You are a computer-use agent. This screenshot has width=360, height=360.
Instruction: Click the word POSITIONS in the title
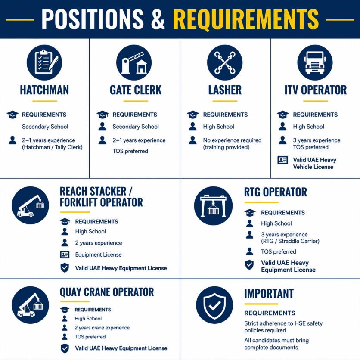pyautogui.click(x=93, y=19)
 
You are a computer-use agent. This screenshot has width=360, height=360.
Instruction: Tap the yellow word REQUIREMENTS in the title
pyautogui.click(x=245, y=19)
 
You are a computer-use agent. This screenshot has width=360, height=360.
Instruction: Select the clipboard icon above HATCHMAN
pyautogui.click(x=44, y=62)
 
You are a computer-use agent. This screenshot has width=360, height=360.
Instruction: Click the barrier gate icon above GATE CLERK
pyautogui.click(x=134, y=62)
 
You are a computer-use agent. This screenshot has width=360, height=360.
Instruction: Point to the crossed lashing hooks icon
pyautogui.click(x=225, y=62)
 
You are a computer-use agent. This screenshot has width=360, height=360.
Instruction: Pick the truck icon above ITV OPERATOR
pyautogui.click(x=315, y=62)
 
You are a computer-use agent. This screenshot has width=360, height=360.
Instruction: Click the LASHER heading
pyautogui.click(x=225, y=90)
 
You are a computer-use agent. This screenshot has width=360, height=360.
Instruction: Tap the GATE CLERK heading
pyautogui.click(x=136, y=90)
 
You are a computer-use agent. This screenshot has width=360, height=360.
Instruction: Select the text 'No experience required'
pyautogui.click(x=232, y=140)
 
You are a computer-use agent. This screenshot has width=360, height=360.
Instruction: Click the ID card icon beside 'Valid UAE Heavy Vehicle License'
pyautogui.click(x=282, y=160)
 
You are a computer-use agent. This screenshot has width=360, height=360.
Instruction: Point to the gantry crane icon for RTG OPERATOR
pyautogui.click(x=213, y=205)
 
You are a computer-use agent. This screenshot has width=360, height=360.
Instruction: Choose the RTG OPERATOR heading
pyautogui.click(x=275, y=192)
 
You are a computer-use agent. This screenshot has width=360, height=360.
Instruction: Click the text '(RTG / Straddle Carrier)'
pyautogui.click(x=290, y=241)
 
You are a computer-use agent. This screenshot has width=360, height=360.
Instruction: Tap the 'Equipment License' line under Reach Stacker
pyautogui.click(x=98, y=254)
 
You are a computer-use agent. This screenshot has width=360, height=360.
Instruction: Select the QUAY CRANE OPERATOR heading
pyautogui.click(x=107, y=292)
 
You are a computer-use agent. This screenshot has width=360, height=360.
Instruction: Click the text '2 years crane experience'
pyautogui.click(x=102, y=328)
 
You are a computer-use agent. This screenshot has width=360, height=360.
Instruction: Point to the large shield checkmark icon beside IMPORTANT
pyautogui.click(x=214, y=305)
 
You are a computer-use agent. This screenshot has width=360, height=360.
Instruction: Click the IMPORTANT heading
pyautogui.click(x=269, y=294)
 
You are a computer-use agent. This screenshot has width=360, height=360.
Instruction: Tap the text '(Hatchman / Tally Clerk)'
pyautogui.click(x=52, y=147)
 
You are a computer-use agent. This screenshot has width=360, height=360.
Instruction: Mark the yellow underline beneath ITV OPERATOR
pyautogui.click(x=316, y=101)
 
